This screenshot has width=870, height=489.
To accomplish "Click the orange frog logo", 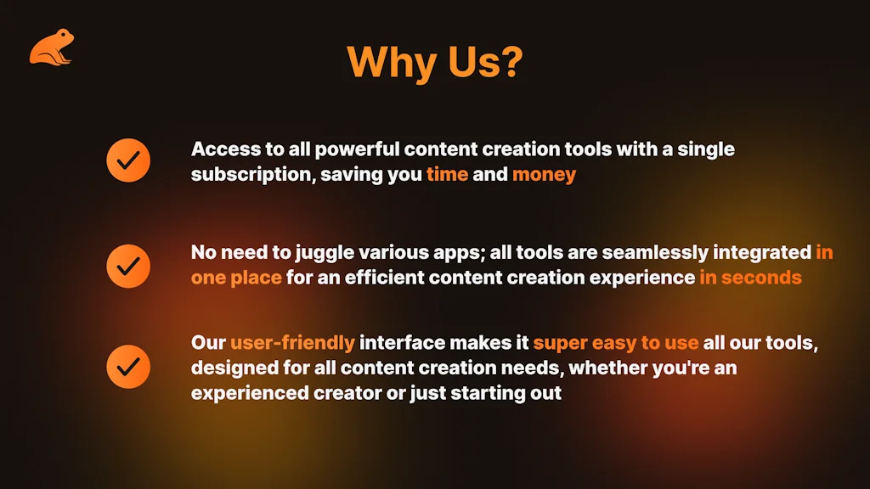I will click(51, 48).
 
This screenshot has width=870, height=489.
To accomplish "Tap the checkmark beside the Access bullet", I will click(128, 160).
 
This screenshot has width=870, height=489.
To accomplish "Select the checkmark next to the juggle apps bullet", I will click(128, 266).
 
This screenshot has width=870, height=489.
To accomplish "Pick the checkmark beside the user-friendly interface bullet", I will click(128, 367).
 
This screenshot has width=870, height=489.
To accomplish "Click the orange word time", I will click(447, 175).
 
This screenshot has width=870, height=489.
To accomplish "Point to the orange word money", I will click(544, 175).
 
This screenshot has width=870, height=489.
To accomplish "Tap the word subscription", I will click(251, 175).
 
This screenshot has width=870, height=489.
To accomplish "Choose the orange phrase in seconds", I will click(750, 278).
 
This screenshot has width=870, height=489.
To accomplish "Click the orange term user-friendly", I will click(292, 342).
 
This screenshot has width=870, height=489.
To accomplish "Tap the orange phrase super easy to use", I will click(616, 342).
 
